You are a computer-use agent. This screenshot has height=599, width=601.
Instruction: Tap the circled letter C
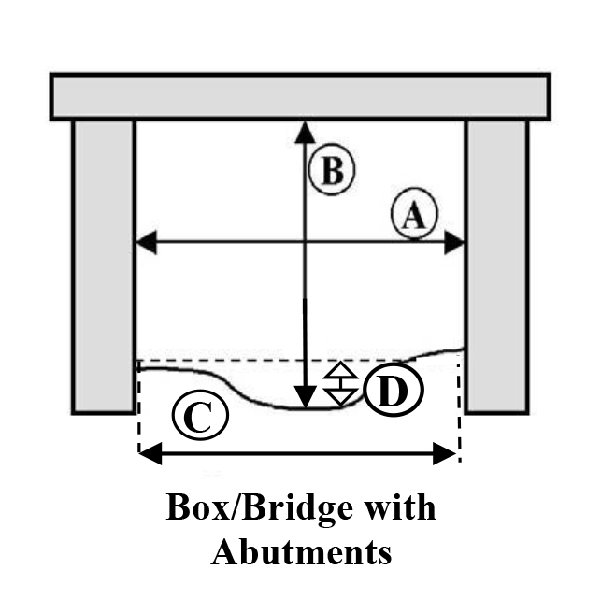(199, 418)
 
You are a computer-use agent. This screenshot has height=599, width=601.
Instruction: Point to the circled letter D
(394, 392)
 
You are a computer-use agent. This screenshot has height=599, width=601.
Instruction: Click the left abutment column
(104, 266)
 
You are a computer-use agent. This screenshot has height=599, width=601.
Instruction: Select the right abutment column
(496, 266)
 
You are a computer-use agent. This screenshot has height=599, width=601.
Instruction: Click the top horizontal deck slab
(300, 96)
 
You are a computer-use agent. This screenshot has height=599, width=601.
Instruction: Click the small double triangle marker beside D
(341, 384)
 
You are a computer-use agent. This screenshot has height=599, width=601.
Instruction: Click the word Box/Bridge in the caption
(248, 509)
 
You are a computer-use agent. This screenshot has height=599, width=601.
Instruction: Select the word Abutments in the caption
(301, 552)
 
